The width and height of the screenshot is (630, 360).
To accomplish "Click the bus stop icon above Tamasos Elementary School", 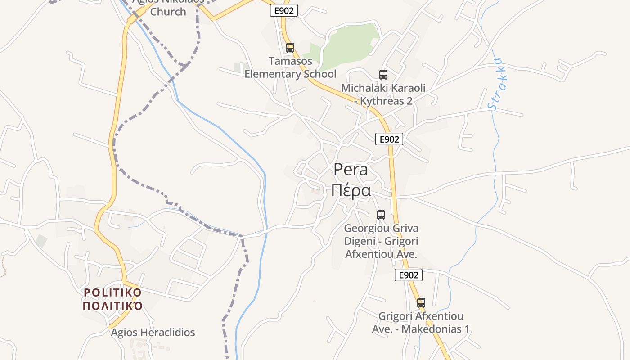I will tap(290, 47).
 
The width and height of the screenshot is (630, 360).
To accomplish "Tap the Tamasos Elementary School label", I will tap(290, 67).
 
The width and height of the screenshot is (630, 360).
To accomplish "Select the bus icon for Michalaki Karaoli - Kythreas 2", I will tap(383, 75).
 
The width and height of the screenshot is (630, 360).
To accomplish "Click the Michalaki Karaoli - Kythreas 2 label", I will tap(383, 94).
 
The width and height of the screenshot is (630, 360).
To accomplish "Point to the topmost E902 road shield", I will tap(284, 11).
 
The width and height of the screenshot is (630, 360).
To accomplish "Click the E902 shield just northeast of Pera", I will tap(389, 139).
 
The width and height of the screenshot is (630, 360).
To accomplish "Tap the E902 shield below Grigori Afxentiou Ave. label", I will tap(409, 274).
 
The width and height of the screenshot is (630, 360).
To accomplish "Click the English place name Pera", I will tap(351, 170).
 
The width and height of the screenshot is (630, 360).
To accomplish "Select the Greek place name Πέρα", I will tap(351, 190).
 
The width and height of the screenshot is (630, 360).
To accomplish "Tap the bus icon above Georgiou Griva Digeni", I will tap(381, 215).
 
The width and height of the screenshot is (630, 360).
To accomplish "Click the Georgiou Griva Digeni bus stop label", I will tap(381, 241).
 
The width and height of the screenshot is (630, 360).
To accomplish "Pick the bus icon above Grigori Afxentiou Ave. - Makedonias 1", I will tap(421, 303).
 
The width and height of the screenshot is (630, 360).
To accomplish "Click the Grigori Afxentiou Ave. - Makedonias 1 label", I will tap(421, 323).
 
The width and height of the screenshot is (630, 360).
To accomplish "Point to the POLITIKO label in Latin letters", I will tap(113, 292).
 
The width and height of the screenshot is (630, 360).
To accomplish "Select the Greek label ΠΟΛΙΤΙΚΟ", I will tap(113, 306).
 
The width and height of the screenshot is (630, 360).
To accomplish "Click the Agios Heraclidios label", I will tap(153, 333).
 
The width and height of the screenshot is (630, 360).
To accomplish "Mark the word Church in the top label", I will tap(168, 12).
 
